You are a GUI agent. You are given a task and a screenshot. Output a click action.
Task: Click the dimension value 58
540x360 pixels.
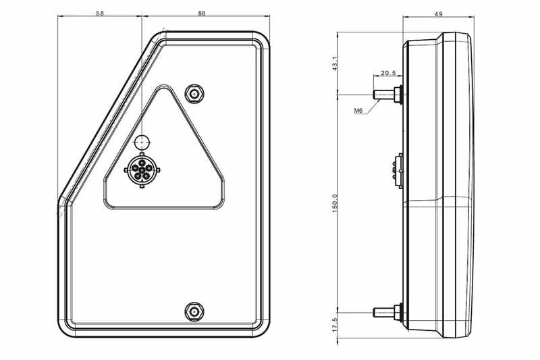click(99, 13)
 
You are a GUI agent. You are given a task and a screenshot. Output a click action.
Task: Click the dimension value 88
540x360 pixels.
click(202, 13)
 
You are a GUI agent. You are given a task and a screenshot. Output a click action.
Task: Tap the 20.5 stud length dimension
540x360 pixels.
click(388, 73)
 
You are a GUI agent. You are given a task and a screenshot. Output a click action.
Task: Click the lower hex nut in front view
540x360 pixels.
click(195, 310)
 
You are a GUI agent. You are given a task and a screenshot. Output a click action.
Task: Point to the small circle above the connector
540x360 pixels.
click(142, 142)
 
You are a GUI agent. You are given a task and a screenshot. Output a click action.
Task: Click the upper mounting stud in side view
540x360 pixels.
click(386, 94)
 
